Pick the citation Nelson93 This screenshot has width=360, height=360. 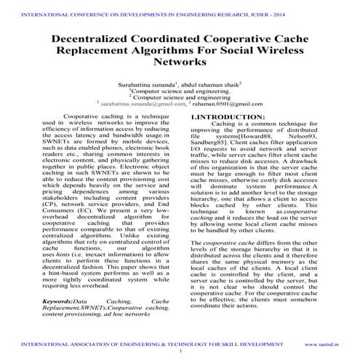click(x=305, y=136)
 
